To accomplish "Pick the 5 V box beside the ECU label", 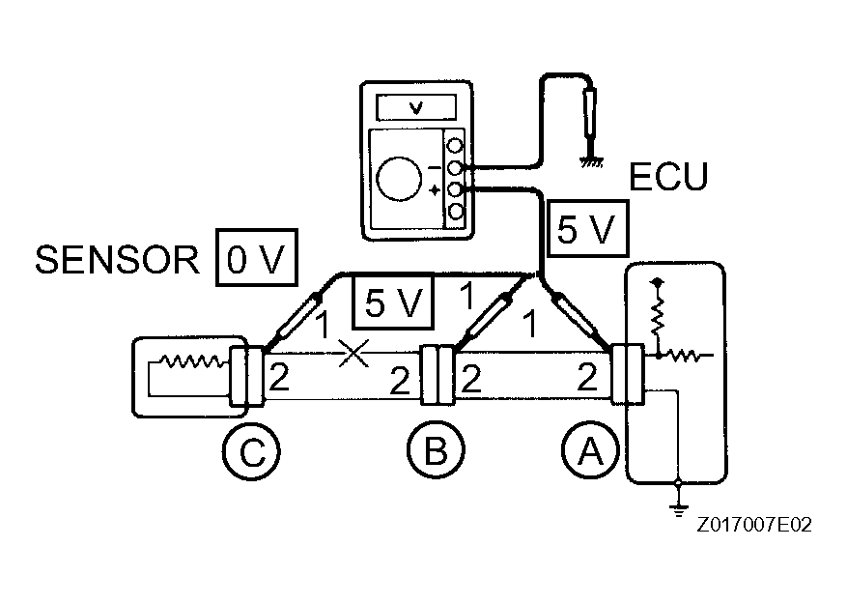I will tap(585, 229).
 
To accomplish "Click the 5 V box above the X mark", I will tap(393, 302).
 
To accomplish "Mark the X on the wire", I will tap(353, 355).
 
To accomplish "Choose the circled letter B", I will tap(435, 450).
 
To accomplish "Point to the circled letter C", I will tap(251, 450).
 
